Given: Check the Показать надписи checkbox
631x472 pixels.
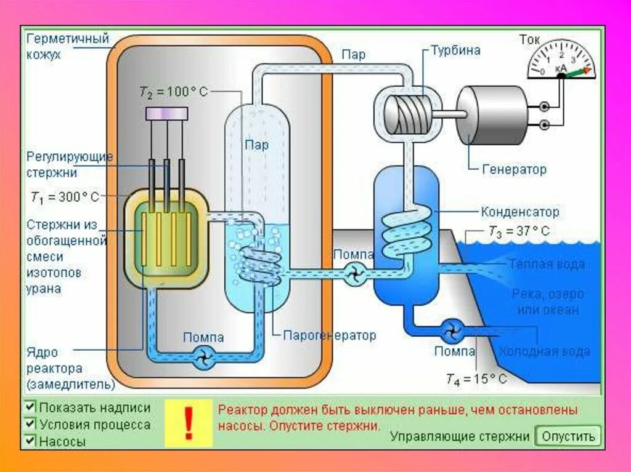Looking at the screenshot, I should (30, 407).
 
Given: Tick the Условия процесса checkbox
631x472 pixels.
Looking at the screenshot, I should (30, 424).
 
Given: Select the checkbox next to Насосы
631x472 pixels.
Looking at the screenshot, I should (30, 441).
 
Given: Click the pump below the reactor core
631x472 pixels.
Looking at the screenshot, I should (203, 357).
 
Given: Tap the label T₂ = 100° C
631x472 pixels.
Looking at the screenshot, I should (173, 92).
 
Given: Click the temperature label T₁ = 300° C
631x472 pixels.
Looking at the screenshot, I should (65, 198).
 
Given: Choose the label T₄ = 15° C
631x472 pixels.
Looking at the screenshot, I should (477, 379).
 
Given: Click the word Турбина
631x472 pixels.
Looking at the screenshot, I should (456, 50).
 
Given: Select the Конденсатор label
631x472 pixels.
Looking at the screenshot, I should (521, 212).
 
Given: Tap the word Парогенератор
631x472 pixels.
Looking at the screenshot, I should (329, 336).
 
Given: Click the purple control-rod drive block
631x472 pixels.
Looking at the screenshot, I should (166, 113).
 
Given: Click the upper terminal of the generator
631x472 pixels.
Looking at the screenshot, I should (543, 106).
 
